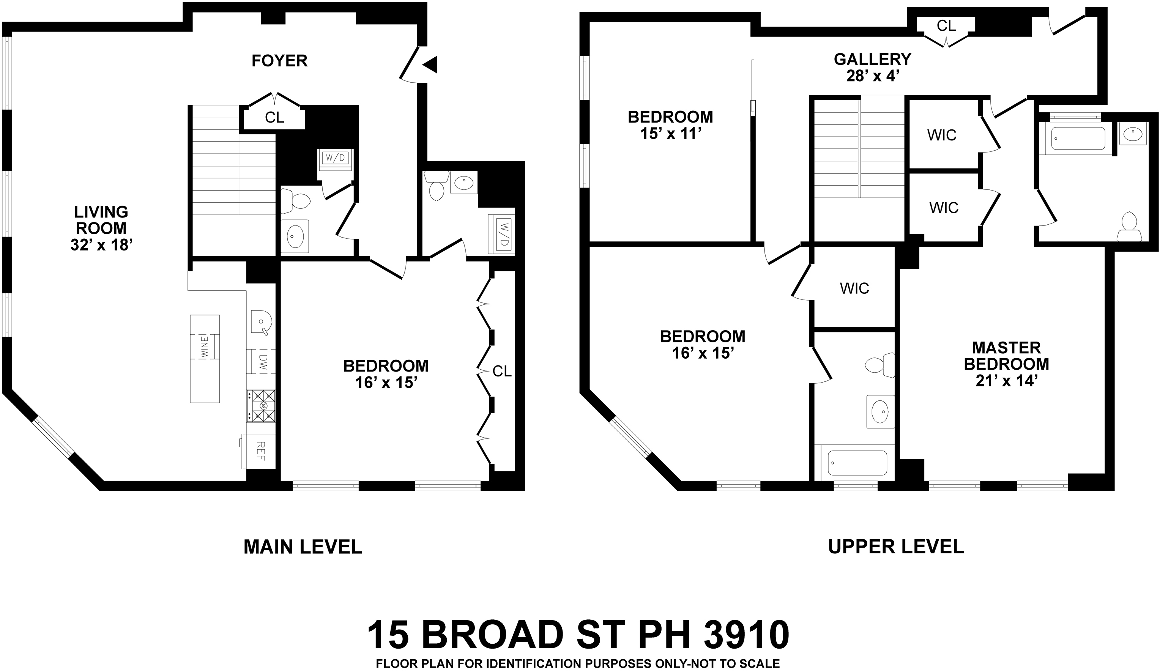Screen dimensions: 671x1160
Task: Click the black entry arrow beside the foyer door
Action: (x=431, y=65)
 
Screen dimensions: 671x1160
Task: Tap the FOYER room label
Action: (x=279, y=61)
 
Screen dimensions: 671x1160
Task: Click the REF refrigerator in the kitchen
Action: (x=260, y=451)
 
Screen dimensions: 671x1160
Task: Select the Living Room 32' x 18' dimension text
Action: (x=101, y=245)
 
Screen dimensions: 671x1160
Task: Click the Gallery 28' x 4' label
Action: (x=872, y=67)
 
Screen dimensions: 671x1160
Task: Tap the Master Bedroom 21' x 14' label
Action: (x=1006, y=364)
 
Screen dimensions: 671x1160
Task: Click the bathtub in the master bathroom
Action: (x=1072, y=139)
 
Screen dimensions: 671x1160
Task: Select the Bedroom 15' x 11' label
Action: (x=670, y=125)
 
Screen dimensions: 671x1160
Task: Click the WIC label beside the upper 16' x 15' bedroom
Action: (x=854, y=288)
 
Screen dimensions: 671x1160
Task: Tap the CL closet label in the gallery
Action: (x=946, y=26)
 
